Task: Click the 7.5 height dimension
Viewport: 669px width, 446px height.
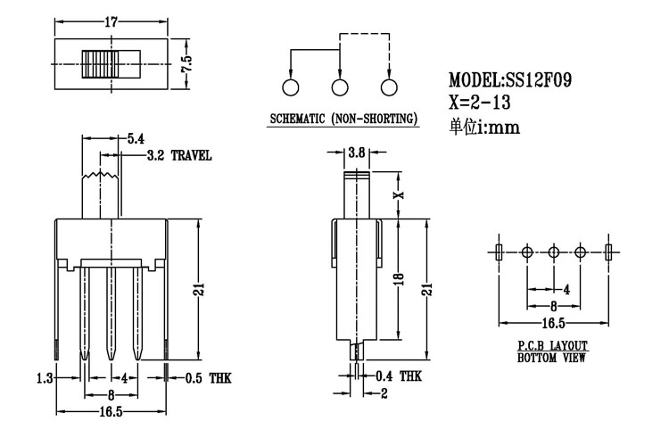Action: pyautogui.click(x=186, y=64)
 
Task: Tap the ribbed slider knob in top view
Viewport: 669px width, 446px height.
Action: pyautogui.click(x=101, y=64)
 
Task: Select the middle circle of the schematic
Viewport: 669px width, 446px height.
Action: pyautogui.click(x=339, y=87)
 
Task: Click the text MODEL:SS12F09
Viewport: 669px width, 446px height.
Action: pyautogui.click(x=510, y=79)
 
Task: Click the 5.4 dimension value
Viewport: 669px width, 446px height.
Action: pyautogui.click(x=136, y=138)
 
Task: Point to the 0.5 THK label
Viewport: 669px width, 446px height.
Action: pyautogui.click(x=207, y=378)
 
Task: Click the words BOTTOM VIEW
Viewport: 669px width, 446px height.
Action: pyautogui.click(x=553, y=359)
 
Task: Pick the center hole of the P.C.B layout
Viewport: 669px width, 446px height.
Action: pyautogui.click(x=553, y=252)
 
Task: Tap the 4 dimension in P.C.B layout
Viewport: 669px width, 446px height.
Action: pyautogui.click(x=566, y=289)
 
